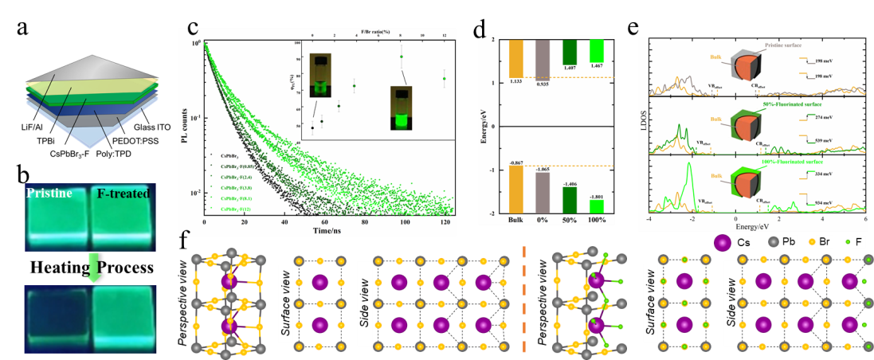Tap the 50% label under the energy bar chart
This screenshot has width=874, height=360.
pos(570,221)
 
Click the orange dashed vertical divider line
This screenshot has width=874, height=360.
pos(523,299)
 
